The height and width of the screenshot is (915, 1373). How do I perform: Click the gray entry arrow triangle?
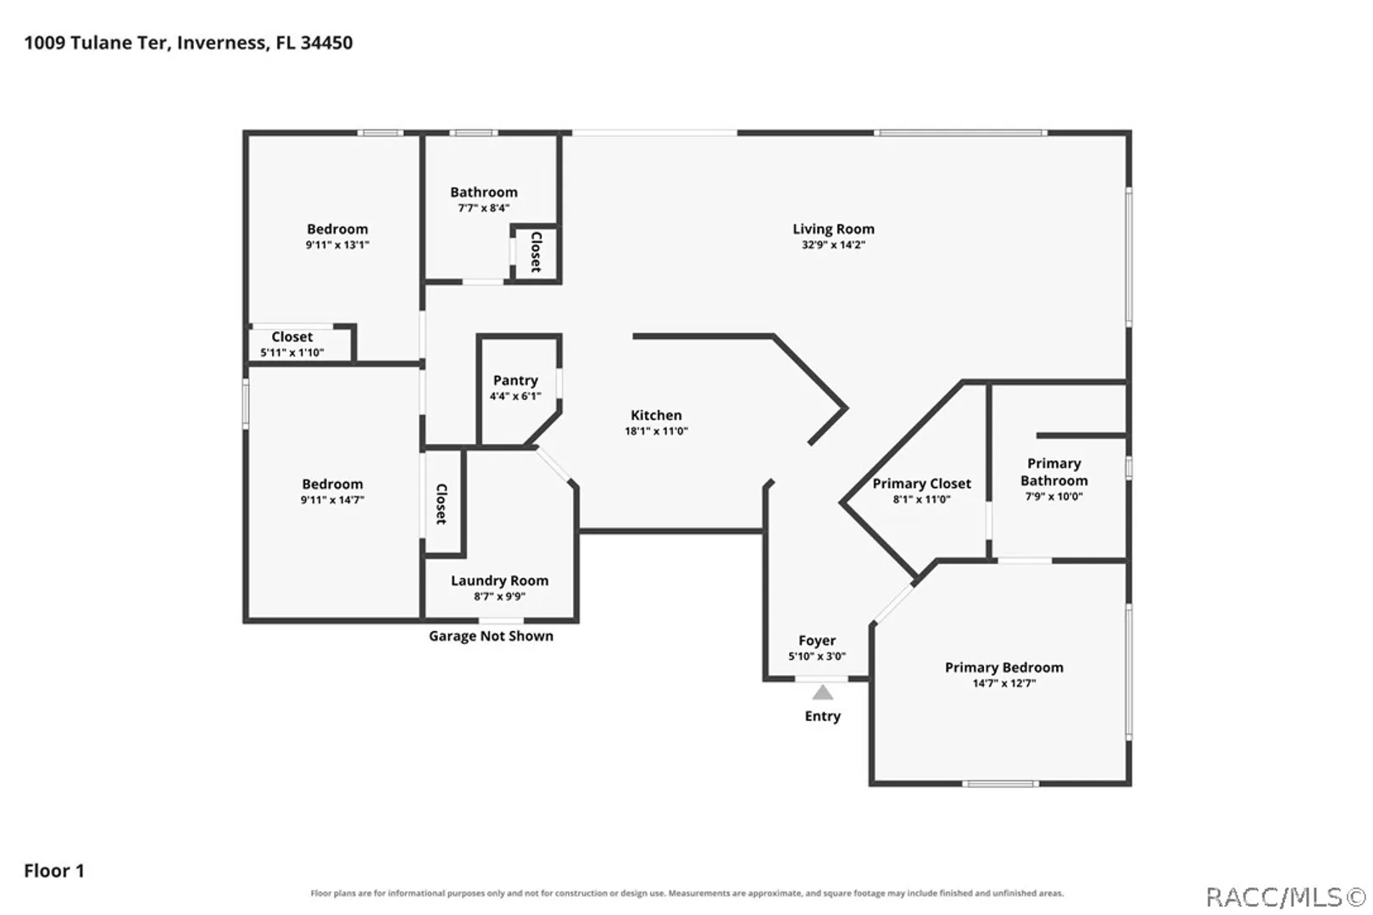pyautogui.click(x=822, y=693)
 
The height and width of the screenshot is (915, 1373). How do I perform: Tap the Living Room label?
pyautogui.click(x=833, y=230)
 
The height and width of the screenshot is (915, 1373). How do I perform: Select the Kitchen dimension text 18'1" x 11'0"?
pyautogui.click(x=656, y=431)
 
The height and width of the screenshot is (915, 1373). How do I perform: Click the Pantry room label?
pyautogui.click(x=515, y=380)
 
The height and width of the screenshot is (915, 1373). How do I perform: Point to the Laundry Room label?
pyautogui.click(x=499, y=580)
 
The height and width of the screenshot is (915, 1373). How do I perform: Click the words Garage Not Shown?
pyautogui.click(x=491, y=636)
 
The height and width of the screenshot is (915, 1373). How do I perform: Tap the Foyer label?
pyautogui.click(x=816, y=641)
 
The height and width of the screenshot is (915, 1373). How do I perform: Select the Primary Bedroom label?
pyautogui.click(x=1004, y=668)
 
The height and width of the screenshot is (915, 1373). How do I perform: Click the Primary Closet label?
pyautogui.click(x=921, y=484)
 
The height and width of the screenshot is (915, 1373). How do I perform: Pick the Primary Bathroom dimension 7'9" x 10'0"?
pyautogui.click(x=1053, y=496)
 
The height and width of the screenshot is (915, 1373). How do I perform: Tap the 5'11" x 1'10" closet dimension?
pyautogui.click(x=292, y=352)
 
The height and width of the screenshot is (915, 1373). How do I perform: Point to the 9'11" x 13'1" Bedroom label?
pyautogui.click(x=337, y=230)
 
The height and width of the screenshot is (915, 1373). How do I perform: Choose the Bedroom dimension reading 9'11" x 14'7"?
pyautogui.click(x=332, y=500)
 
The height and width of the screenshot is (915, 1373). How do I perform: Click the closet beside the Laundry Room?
pyautogui.click(x=442, y=504)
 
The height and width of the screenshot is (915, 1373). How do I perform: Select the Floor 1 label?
pyautogui.click(x=54, y=871)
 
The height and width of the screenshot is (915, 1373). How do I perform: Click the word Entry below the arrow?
pyautogui.click(x=822, y=717)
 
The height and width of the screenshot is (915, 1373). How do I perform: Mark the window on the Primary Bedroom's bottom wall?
pyautogui.click(x=1000, y=784)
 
